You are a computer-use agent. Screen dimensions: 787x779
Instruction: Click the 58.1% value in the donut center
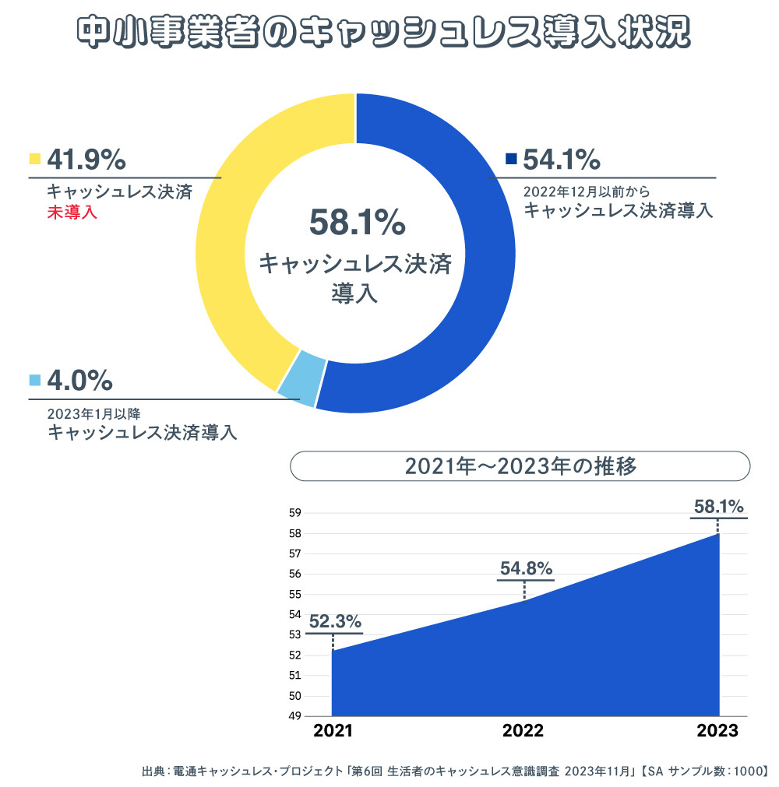pos(357,223)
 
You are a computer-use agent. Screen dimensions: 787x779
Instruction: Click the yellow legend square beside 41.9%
pos(34,160)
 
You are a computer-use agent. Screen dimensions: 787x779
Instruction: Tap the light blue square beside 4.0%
pos(34,381)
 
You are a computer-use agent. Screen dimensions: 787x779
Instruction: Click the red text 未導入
pos(72,212)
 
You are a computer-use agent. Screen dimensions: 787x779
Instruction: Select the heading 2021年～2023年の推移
pos(520,466)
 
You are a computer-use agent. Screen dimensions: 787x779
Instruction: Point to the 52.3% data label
pos(335,621)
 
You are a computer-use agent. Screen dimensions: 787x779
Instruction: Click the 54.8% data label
pos(526,567)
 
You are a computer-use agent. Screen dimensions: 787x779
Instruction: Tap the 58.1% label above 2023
pos(719,507)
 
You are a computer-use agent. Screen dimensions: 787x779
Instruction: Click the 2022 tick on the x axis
pos(523,731)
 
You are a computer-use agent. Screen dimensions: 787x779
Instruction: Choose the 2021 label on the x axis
pos(333,731)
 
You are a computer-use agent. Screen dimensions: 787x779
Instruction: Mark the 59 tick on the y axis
pos(295,513)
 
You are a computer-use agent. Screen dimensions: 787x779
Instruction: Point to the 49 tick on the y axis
pos(295,716)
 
